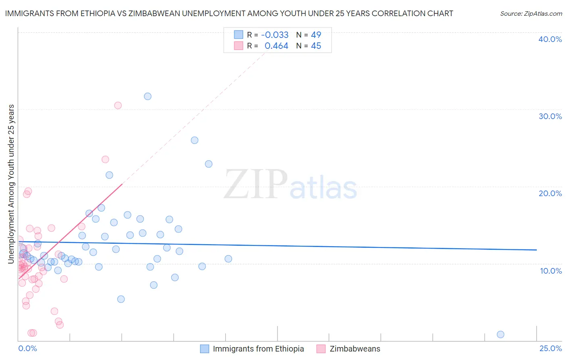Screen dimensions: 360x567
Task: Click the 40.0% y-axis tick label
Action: click(550, 39)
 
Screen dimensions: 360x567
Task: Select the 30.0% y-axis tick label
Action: click(550, 116)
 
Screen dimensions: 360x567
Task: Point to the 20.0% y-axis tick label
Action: click(550, 193)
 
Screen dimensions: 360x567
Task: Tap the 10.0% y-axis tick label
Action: click(551, 271)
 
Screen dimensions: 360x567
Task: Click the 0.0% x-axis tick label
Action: click(27, 349)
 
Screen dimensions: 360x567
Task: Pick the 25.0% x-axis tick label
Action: click(550, 349)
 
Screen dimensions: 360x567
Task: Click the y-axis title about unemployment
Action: click(11, 184)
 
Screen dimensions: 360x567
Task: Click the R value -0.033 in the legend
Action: click(275, 35)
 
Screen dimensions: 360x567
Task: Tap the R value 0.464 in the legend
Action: click(276, 46)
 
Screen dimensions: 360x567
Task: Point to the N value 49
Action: click(316, 35)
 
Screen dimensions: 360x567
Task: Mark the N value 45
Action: click(316, 46)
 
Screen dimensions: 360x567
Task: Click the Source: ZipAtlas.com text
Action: click(531, 14)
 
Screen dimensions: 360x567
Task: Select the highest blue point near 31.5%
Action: click(148, 96)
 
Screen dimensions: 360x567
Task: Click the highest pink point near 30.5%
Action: click(118, 105)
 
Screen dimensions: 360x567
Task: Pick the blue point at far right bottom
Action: click(500, 334)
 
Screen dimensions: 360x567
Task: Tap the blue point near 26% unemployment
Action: click(194, 140)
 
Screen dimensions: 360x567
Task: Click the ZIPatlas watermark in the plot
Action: click(290, 185)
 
